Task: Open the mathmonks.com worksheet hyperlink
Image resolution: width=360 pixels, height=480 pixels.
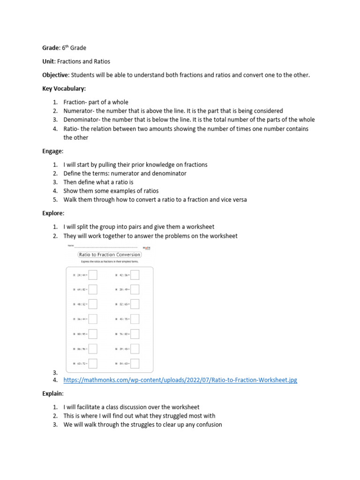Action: pos(180,380)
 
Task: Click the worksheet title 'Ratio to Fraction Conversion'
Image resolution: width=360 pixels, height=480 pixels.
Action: pos(109,255)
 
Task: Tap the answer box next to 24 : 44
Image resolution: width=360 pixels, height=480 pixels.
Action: pos(93,275)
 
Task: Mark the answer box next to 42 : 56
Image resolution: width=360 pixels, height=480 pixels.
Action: pos(135,275)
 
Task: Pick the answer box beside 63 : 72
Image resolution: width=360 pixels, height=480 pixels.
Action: pos(93,363)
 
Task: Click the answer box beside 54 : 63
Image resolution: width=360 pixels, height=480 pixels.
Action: pos(135,363)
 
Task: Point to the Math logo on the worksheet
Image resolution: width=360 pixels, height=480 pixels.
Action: pos(146,248)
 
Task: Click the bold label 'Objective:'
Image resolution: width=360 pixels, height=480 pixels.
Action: pos(56,75)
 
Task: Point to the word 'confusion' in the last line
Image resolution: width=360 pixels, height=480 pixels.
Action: pos(208,425)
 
